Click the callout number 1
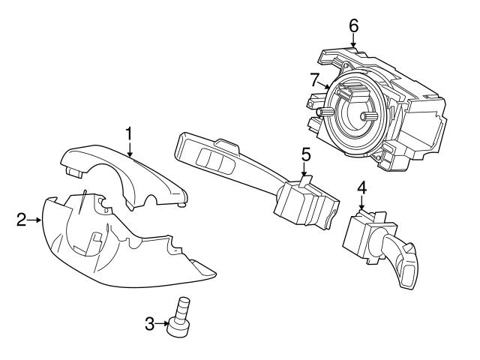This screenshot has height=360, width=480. (129, 133)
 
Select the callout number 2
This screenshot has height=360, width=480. (21, 220)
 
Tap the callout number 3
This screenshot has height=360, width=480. (149, 323)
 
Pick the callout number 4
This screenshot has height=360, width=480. (361, 188)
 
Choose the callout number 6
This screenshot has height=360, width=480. (353, 25)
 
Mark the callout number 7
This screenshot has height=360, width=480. (315, 78)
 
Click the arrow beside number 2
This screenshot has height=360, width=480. (35, 220)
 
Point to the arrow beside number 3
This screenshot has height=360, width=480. (163, 323)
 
